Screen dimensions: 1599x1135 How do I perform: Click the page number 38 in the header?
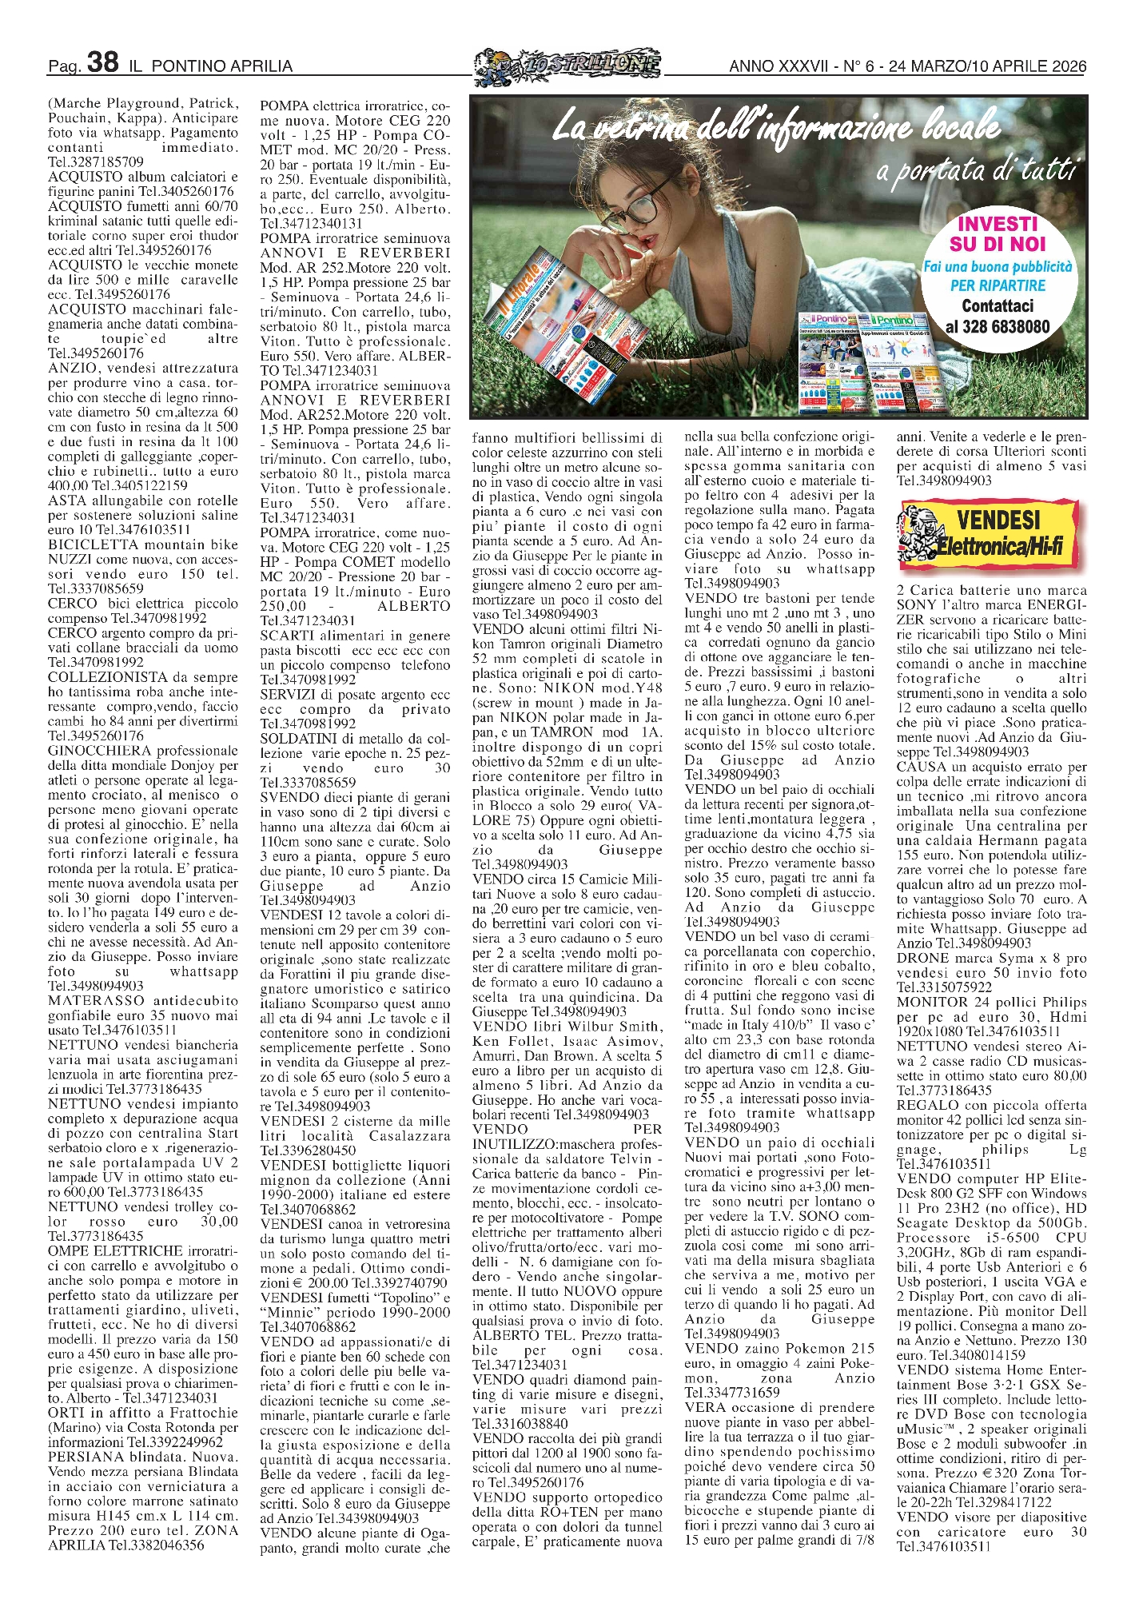(x=102, y=62)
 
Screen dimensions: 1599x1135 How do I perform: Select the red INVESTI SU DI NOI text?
(x=998, y=233)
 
